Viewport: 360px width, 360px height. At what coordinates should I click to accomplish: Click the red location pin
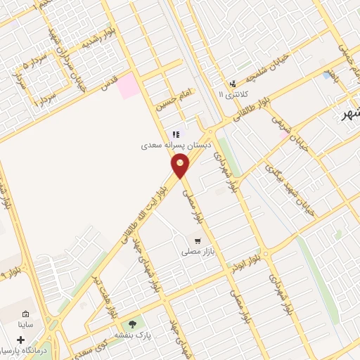click(x=181, y=165)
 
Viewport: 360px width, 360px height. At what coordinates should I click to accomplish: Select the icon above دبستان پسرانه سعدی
click(x=176, y=134)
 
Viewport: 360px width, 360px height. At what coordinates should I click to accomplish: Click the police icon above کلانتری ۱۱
click(x=233, y=82)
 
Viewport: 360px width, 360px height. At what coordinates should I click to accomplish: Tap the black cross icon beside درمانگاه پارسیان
click(x=20, y=340)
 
